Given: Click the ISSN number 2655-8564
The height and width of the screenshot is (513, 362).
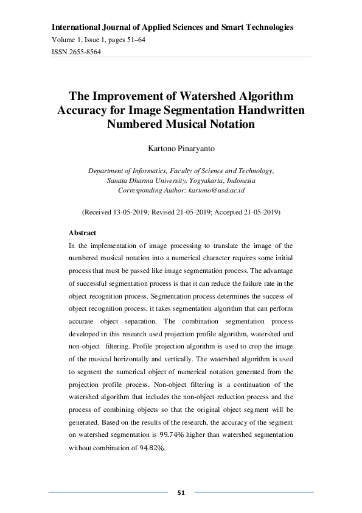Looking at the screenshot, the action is click(x=85, y=52).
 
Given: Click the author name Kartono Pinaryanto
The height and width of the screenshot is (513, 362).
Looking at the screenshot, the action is click(x=181, y=147).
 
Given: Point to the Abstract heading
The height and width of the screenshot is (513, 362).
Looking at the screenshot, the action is click(x=82, y=233).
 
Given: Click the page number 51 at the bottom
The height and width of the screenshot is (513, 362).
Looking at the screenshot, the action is click(x=181, y=492).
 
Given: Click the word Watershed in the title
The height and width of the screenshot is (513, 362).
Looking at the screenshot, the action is click(x=198, y=96).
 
